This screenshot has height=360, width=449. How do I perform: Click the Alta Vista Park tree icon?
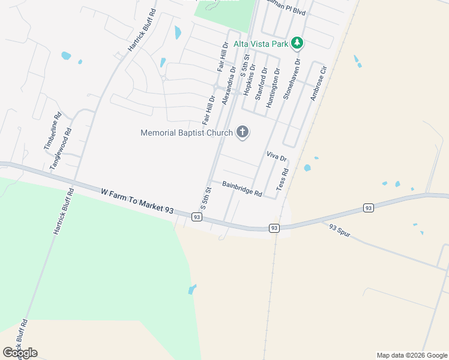point(297,43)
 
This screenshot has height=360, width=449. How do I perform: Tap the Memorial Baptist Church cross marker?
point(243,133)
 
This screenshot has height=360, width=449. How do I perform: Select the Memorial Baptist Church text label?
point(187,133)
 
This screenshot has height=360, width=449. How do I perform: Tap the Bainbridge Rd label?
point(243,189)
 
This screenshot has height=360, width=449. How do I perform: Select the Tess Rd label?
point(283,179)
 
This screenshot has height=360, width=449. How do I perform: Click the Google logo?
point(20,353)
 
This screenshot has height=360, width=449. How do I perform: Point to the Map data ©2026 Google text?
point(411,355)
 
